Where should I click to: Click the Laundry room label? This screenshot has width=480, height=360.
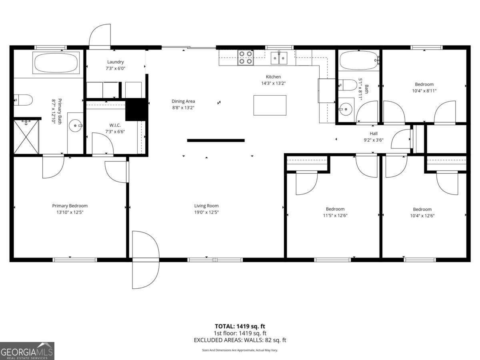pyautogui.click(x=115, y=62)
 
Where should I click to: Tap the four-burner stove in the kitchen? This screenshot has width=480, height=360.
pyautogui.click(x=246, y=58)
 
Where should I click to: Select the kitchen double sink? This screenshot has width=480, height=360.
pyautogui.click(x=279, y=58)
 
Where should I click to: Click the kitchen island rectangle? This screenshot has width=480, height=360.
pyautogui.click(x=270, y=105)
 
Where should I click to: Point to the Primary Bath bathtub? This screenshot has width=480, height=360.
pyautogui.click(x=56, y=63)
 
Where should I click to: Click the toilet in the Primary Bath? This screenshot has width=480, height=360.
pyautogui.click(x=23, y=100)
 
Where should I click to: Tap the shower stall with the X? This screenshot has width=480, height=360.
pyautogui.click(x=26, y=137)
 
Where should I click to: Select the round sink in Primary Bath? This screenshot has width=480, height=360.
pyautogui.click(x=76, y=126)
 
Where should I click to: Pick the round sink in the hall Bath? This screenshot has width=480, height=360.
pyautogui.click(x=346, y=109)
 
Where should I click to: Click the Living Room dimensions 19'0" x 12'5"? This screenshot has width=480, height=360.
pyautogui.click(x=206, y=212)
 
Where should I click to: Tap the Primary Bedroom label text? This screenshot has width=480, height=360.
pyautogui.click(x=70, y=206)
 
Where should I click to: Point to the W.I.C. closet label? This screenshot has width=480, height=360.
pyautogui.click(x=115, y=125)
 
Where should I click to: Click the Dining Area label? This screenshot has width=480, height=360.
pyautogui.click(x=183, y=101)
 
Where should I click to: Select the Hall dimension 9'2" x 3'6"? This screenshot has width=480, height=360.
pyautogui.click(x=374, y=140)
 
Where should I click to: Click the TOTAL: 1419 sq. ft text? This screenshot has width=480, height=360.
pyautogui.click(x=240, y=326)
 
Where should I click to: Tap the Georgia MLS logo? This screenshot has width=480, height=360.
pyautogui.click(x=27, y=351)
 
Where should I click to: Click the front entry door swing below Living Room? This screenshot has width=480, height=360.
pyautogui.click(x=146, y=260)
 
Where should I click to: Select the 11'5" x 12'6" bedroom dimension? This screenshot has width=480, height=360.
pyautogui.click(x=335, y=216)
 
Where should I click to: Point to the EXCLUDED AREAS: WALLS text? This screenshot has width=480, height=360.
pyautogui.click(x=229, y=340)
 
